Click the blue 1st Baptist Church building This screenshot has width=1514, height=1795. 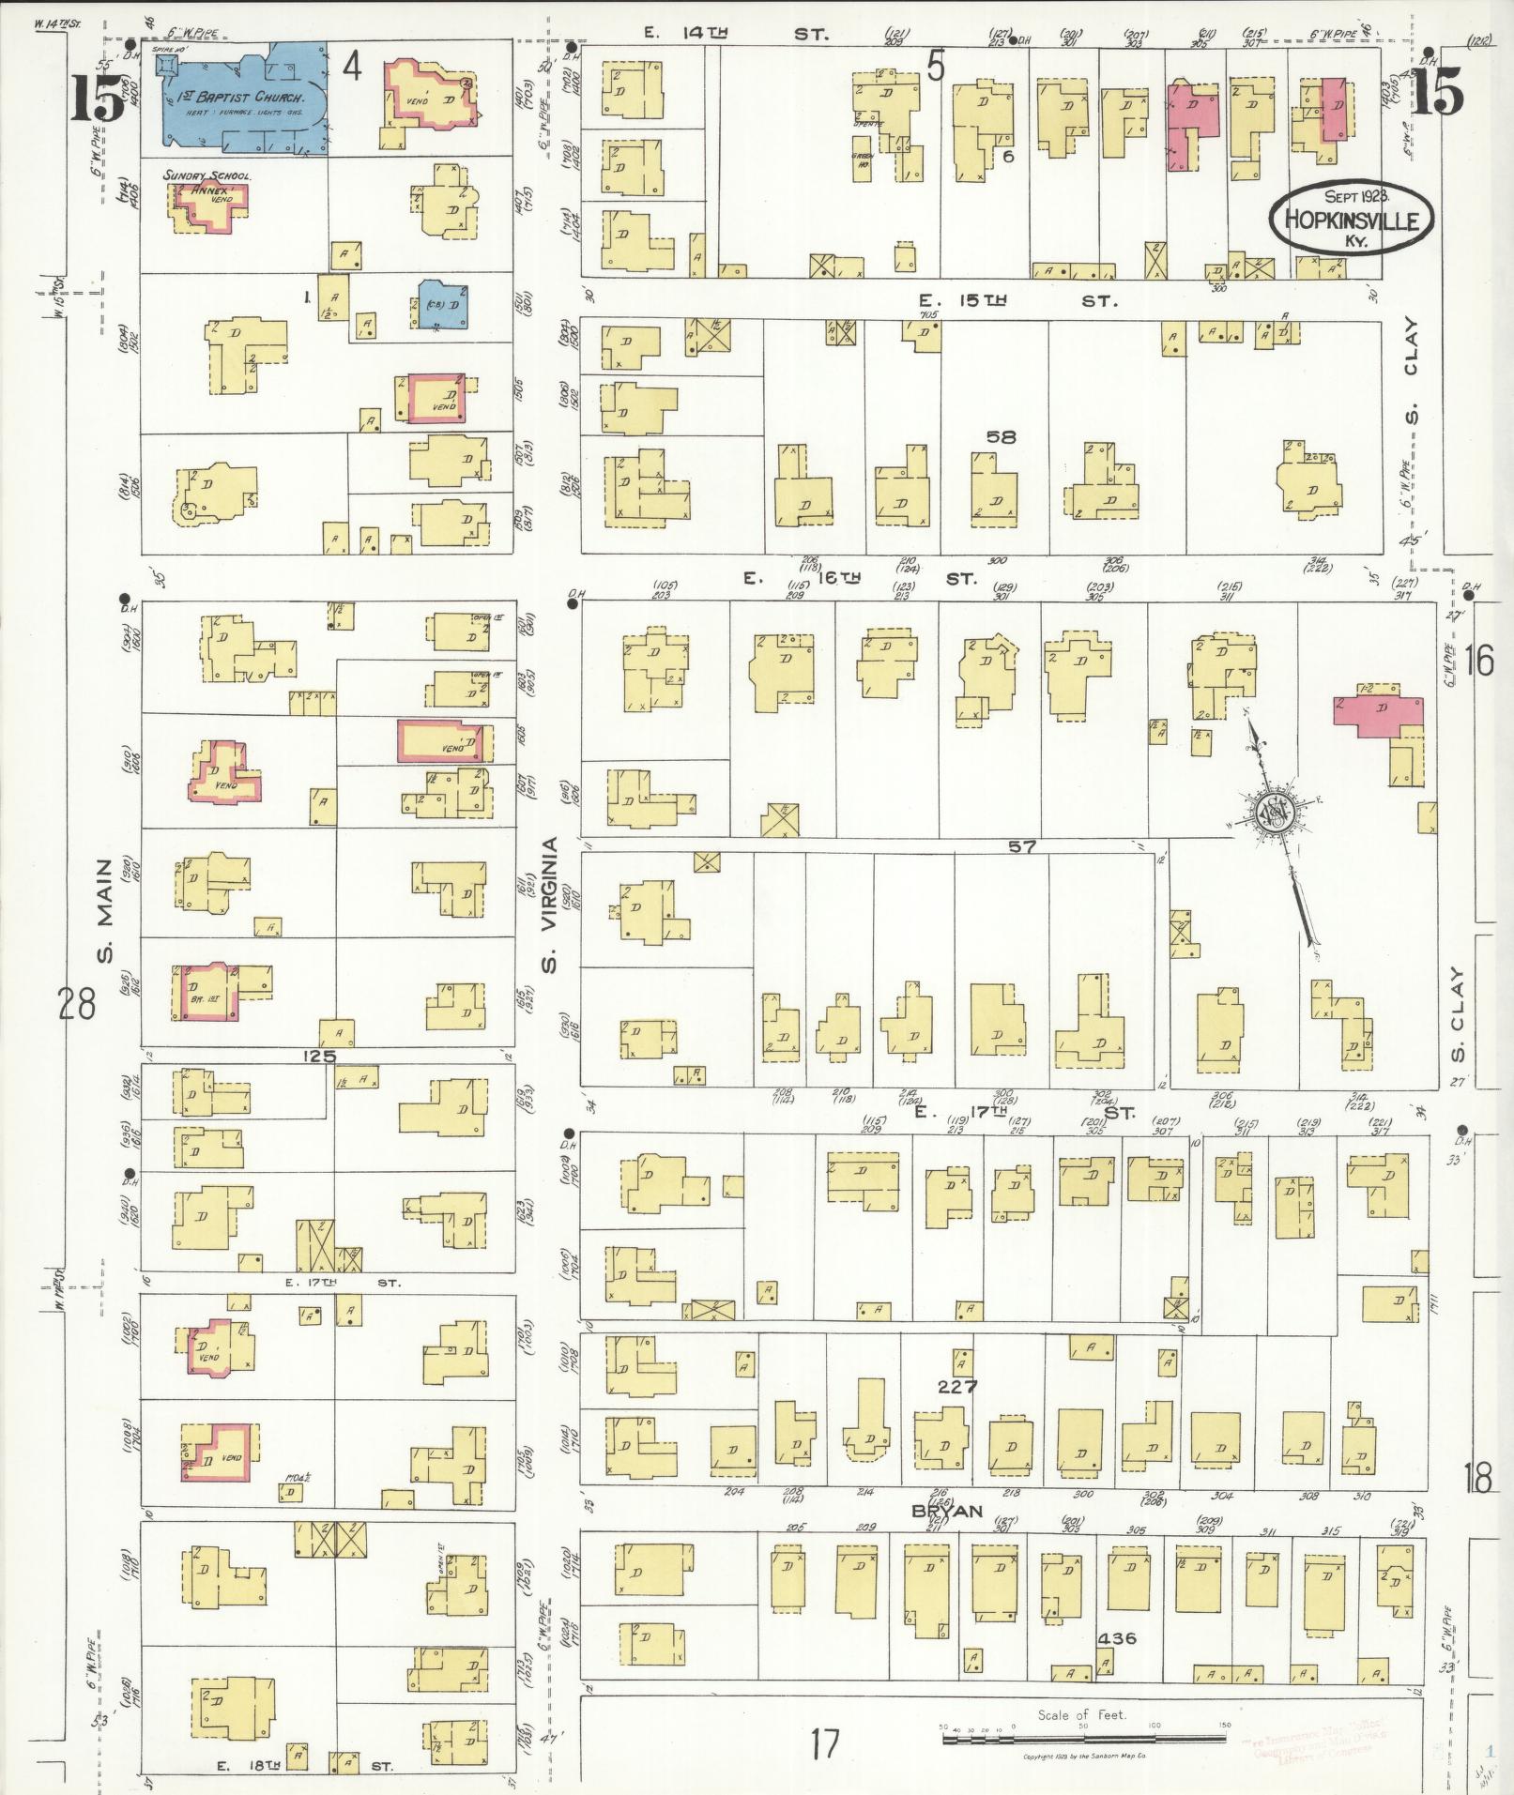tap(246, 98)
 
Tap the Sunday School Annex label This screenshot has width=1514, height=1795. tap(205, 182)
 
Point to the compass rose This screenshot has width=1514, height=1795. tap(1273, 812)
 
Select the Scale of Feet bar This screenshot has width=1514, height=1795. tap(1083, 1738)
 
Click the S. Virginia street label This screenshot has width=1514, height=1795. tap(551, 905)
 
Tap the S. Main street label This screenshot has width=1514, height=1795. tap(105, 910)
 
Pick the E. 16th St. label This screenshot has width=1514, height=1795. tap(860, 579)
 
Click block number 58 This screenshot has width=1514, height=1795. tap(1001, 437)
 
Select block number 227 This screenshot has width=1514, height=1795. tap(956, 1387)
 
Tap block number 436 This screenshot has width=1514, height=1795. tap(1117, 1638)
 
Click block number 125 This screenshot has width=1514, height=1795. tap(319, 1056)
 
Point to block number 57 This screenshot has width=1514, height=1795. tap(1021, 846)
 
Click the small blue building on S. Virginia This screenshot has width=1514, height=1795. tap(442, 304)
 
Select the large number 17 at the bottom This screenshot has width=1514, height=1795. tap(824, 1744)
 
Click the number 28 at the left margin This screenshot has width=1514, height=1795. tap(76, 1005)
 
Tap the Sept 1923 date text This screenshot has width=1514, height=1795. tap(1356, 197)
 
